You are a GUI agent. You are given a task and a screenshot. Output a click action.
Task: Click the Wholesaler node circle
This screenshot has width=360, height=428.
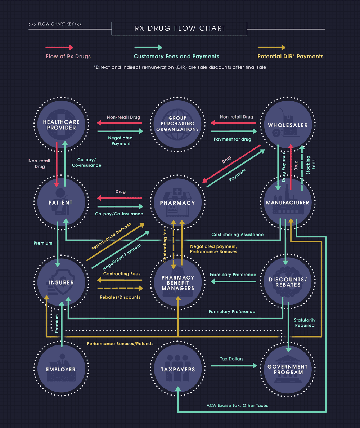pyautogui.click(x=288, y=125)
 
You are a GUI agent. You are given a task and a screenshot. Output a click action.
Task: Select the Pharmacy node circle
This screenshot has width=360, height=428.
pyautogui.click(x=177, y=203)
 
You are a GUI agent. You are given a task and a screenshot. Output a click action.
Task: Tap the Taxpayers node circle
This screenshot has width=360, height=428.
pyautogui.click(x=177, y=369)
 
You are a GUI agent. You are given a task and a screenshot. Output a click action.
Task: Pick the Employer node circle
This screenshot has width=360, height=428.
pyautogui.click(x=61, y=369)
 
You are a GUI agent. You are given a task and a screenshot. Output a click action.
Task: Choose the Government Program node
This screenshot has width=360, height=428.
pyautogui.click(x=288, y=369)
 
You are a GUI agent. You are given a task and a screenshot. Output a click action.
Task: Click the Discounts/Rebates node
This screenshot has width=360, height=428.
pyautogui.click(x=288, y=282)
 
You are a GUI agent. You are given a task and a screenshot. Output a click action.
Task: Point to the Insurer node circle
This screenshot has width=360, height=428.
pyautogui.click(x=61, y=282)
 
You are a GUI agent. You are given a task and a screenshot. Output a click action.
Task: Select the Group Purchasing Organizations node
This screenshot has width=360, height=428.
pyautogui.click(x=177, y=124)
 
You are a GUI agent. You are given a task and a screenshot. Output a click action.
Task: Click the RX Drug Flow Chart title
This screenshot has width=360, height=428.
pyautogui.click(x=179, y=28)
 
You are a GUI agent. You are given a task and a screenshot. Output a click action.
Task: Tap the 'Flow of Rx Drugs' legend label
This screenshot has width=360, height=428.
pyautogui.click(x=68, y=57)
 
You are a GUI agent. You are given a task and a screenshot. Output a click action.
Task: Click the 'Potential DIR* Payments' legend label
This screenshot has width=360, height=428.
pyautogui.click(x=291, y=57)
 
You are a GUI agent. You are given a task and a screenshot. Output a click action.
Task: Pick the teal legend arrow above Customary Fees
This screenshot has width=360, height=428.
pyautogui.click(x=148, y=48)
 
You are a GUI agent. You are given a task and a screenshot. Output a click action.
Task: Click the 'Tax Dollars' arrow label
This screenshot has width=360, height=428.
pyautogui.click(x=232, y=359)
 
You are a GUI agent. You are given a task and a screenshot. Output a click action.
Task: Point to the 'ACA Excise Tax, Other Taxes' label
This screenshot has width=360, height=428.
pyautogui.click(x=237, y=405)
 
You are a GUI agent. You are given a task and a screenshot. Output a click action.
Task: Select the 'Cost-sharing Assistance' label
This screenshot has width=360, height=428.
pyautogui.click(x=237, y=235)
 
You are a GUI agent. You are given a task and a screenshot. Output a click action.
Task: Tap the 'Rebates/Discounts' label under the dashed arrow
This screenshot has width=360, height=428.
pyautogui.click(x=120, y=297)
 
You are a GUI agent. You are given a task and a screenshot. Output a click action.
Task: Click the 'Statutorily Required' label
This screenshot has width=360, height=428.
pyautogui.click(x=305, y=323)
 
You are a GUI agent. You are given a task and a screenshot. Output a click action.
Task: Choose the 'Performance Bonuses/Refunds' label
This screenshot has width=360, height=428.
pyautogui.click(x=120, y=344)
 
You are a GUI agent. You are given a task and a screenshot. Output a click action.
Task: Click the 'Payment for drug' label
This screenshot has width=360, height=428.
pyautogui.click(x=232, y=139)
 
